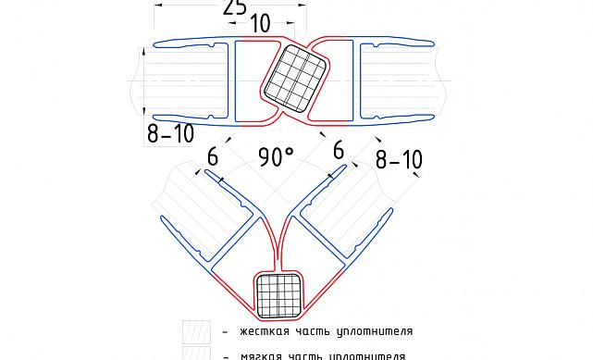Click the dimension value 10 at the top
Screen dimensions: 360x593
260,23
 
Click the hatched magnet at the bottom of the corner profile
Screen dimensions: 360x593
279,295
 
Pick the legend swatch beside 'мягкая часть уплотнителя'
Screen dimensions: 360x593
196,354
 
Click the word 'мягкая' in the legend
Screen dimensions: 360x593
260,354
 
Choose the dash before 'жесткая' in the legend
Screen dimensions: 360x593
225,331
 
